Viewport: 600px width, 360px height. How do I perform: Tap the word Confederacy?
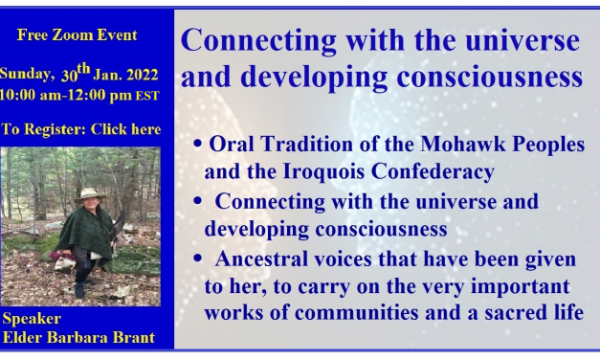[435, 171]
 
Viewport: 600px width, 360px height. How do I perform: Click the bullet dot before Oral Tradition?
[197, 146]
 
